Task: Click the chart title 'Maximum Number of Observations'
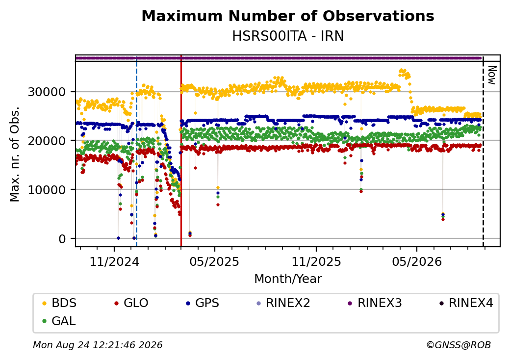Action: coord(288,16)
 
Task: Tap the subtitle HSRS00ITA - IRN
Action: coord(288,36)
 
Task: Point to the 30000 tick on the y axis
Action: coord(47,92)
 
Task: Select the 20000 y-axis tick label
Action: coord(47,141)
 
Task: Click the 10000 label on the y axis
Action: coord(47,190)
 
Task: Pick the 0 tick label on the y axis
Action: coord(62,239)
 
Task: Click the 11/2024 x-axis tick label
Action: coord(114,261)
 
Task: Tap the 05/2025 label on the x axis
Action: coord(214,261)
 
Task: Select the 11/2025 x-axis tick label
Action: coord(316,261)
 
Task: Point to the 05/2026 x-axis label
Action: coord(417,261)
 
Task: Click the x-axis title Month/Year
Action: coord(288,279)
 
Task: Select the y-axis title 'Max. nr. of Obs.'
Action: coord(15,154)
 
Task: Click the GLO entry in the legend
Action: coord(131,303)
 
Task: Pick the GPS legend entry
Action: coord(203,303)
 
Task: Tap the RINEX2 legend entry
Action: coord(283,303)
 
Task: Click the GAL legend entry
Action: coord(59,321)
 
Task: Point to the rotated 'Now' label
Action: coord(492,75)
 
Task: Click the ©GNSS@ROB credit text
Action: coord(459,345)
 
